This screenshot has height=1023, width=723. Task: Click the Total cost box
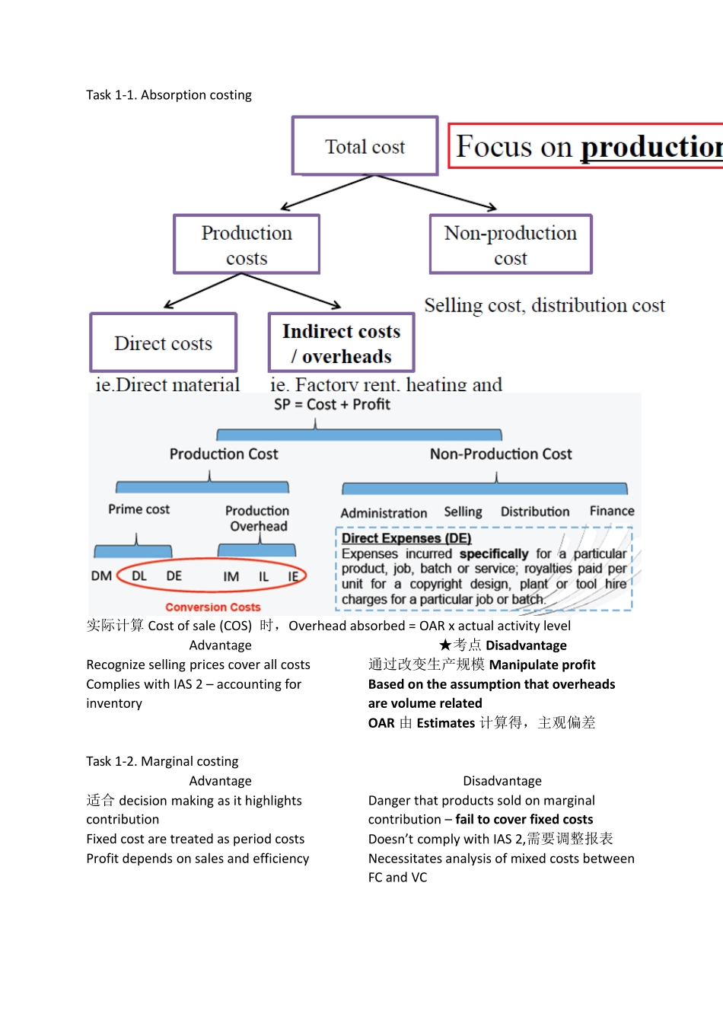pos(365,146)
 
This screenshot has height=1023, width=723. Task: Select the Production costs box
pos(247,244)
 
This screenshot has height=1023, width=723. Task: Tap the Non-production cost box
pos(511,244)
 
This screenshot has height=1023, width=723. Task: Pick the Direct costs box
pos(164,343)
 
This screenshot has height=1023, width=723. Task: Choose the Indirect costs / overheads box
pos(341,343)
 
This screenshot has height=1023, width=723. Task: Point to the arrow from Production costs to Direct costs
pos(202,291)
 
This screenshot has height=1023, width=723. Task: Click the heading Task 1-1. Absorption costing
pos(169,95)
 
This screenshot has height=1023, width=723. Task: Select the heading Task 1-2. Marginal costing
pos(162,761)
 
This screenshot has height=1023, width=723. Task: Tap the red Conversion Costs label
pos(213,607)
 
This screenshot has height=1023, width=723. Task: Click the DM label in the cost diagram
pos(101,576)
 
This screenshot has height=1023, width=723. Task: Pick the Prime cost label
pos(139,509)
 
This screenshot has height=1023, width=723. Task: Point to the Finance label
pos(612,511)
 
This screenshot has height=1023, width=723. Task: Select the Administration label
pos(384,513)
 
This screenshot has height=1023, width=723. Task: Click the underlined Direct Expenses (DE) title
pos(406,538)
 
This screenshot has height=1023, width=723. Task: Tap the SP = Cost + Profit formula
pos(332,404)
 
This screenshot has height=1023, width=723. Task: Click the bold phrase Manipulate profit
pos(542,664)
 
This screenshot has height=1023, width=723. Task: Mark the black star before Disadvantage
pos(445,645)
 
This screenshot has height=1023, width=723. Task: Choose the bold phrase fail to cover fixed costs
pos(524,819)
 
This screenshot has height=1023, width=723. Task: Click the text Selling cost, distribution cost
pos(544,305)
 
